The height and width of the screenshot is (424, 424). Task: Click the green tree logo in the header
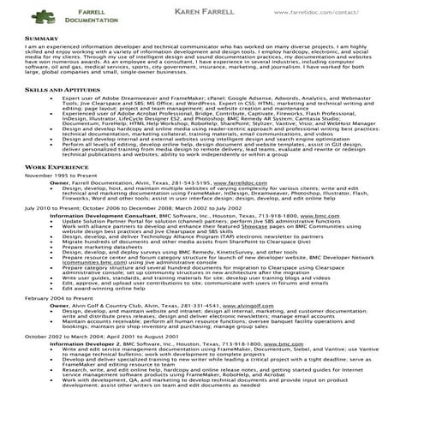42,15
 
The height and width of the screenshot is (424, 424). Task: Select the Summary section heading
42,39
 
